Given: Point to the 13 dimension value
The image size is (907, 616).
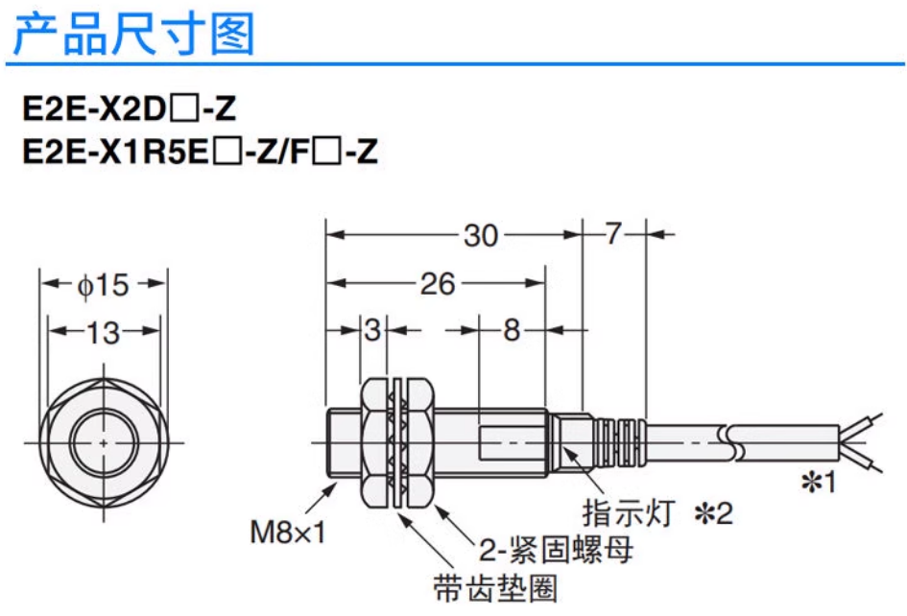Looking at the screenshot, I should click(x=103, y=332).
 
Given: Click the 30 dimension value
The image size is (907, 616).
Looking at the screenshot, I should click(x=481, y=234).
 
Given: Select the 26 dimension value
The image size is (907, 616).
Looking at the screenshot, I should click(x=438, y=284).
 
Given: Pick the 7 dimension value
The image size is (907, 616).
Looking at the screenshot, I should click(x=614, y=234).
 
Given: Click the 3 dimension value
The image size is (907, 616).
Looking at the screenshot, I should click(x=372, y=331).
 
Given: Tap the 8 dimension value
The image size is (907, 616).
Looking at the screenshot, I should click(x=512, y=331).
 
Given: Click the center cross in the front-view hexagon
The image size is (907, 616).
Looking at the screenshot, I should click(x=104, y=443).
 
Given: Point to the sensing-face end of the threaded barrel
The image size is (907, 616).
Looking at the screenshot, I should click(x=330, y=443).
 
